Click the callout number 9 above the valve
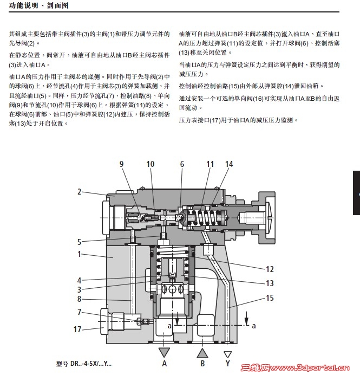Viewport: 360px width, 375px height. (122, 164)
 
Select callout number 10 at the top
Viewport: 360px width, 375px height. (150, 164)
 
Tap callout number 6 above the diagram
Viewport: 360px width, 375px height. (182, 164)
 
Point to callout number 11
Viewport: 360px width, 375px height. (210, 164)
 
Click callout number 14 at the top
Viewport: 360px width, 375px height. (230, 164)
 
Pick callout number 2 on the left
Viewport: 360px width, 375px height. (79, 191)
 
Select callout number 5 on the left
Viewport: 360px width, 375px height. (79, 242)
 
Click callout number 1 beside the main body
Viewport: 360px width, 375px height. (79, 254)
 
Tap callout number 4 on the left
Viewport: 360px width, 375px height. (79, 280)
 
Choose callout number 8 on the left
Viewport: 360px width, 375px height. (79, 299)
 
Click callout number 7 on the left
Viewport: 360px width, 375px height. (79, 312)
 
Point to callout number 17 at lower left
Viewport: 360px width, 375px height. (77, 329)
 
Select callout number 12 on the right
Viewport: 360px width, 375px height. (270, 269)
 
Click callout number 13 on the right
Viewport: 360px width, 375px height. (270, 283)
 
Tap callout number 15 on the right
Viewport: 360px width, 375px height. (270, 298)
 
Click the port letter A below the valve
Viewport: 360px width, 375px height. (165, 364)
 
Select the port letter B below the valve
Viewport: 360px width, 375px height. (202, 364)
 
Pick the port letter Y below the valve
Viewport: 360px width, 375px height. (228, 364)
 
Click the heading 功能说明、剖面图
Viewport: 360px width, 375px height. (36, 7)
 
